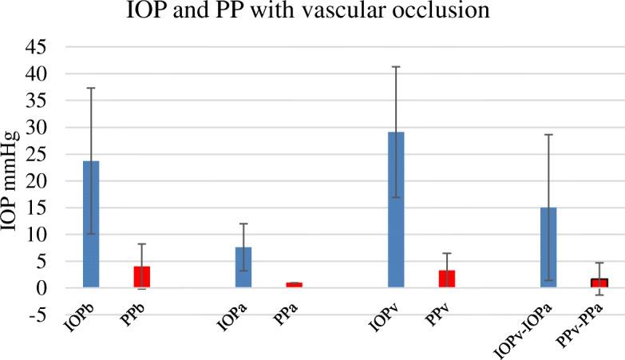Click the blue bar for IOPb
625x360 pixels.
point(91,224)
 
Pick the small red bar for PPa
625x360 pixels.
point(295,284)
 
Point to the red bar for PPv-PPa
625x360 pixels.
point(599,283)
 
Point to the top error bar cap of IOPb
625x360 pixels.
point(91,88)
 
